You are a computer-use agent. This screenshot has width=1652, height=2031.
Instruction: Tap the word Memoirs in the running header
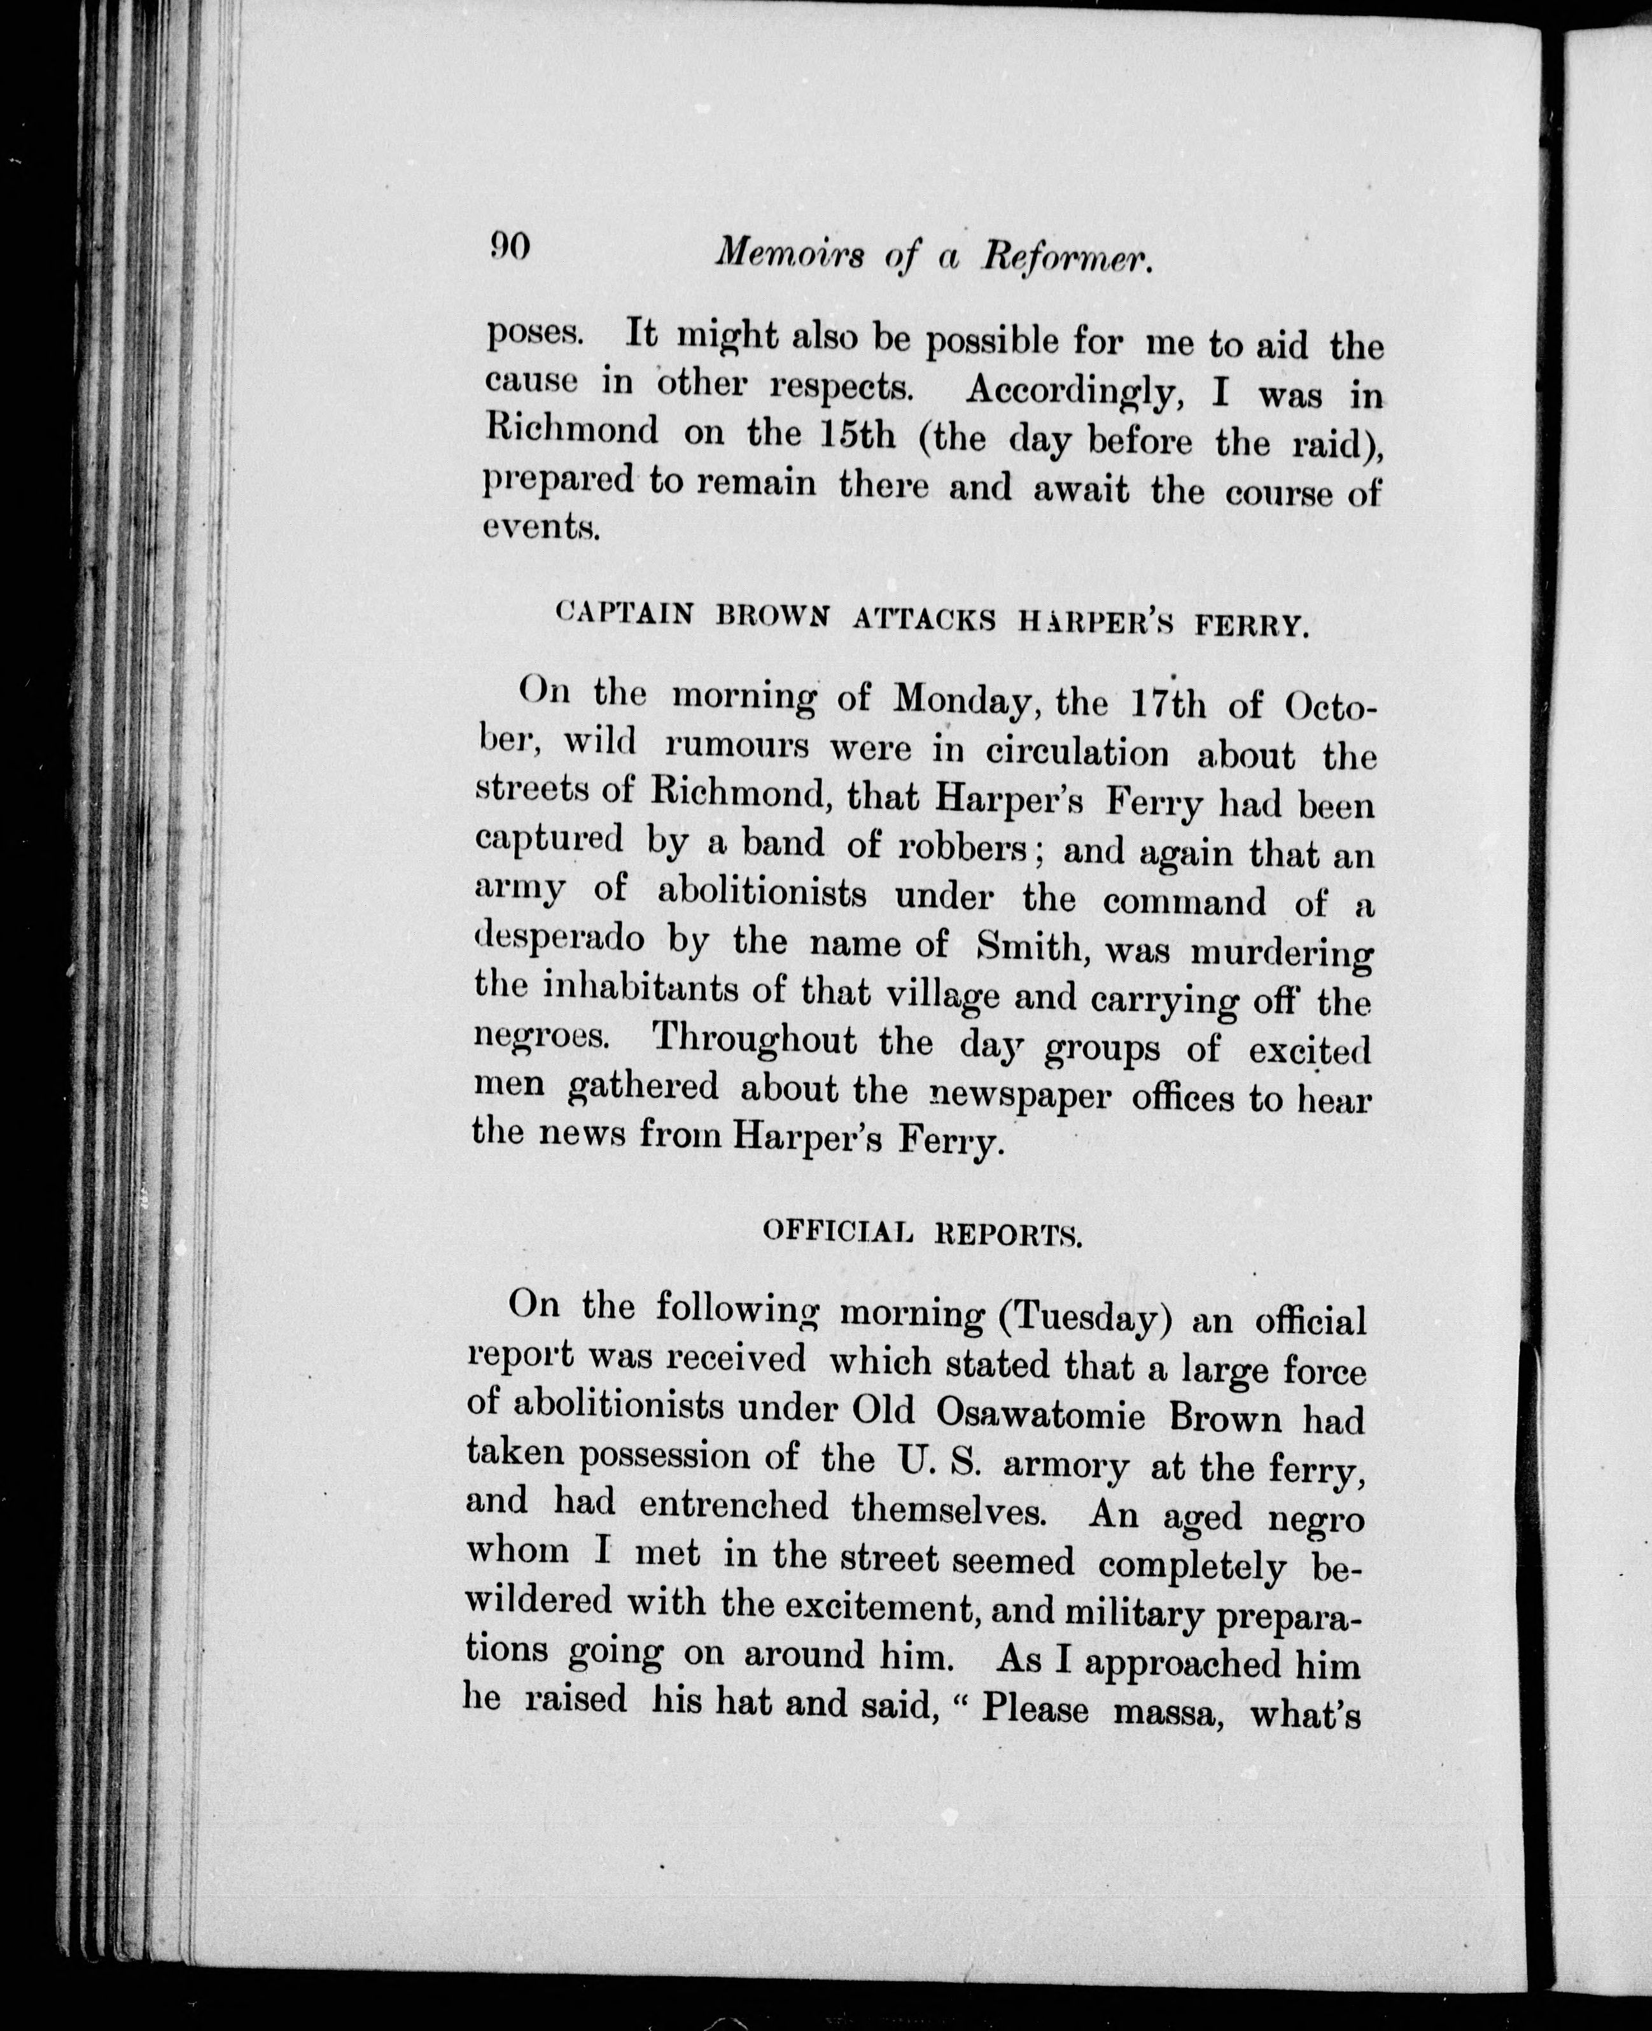790,253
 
